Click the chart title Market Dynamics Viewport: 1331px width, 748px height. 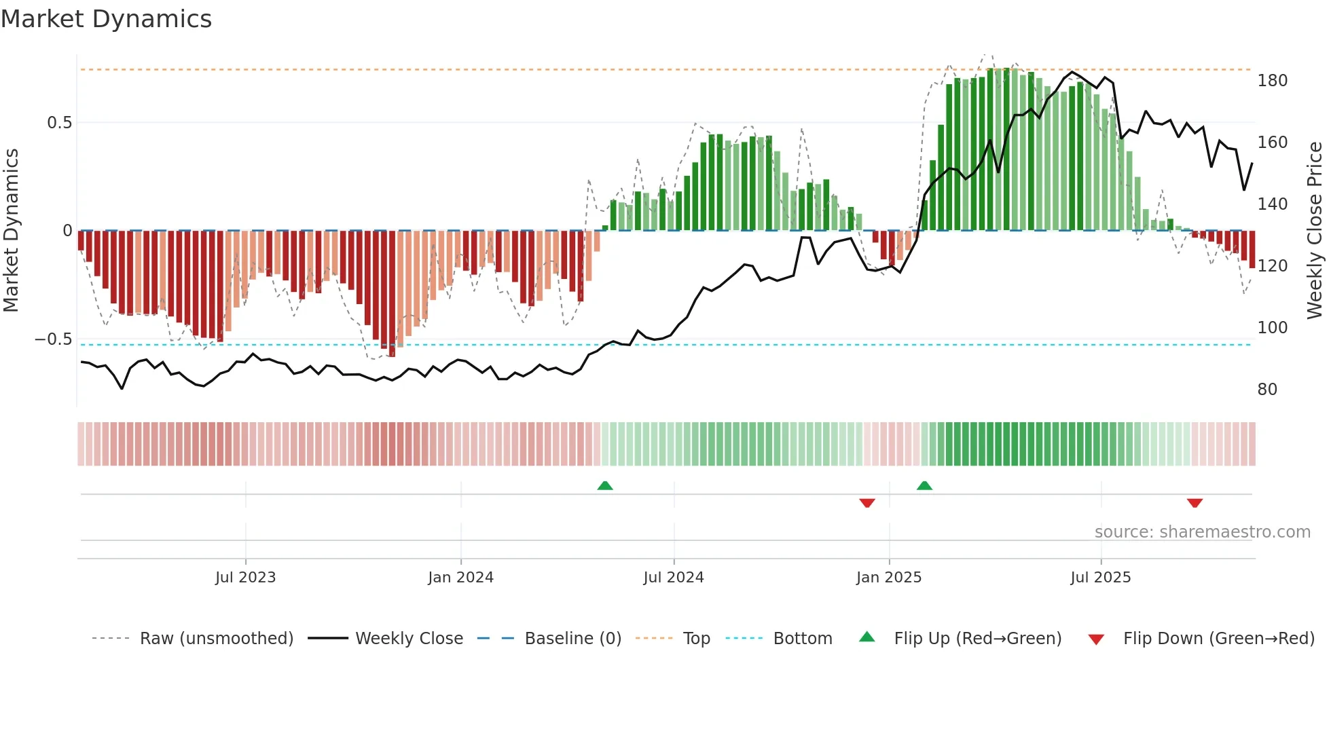coord(106,19)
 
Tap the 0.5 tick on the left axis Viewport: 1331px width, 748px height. coord(59,123)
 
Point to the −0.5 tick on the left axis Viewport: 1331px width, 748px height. coord(53,339)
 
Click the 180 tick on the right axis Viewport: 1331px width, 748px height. coord(1272,81)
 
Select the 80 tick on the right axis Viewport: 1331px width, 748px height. coord(1267,390)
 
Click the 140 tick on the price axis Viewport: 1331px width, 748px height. coord(1272,204)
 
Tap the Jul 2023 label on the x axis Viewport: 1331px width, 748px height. coord(245,578)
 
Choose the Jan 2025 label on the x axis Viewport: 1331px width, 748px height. coord(888,578)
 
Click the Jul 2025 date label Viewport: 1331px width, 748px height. coord(1100,578)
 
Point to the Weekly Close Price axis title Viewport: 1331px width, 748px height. coord(1315,231)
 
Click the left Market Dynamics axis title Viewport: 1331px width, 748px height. coord(11,231)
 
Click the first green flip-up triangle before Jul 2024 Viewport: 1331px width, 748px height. coord(605,485)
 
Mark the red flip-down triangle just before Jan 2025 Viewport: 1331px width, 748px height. coord(867,503)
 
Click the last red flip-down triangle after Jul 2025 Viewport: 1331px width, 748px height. coord(1195,503)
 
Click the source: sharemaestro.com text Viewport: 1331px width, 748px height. coord(1202,532)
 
